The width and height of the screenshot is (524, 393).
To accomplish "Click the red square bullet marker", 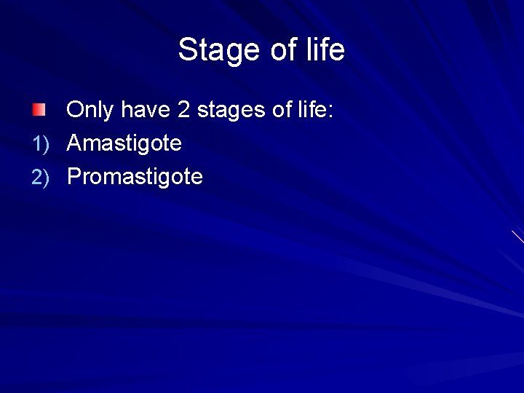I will (38, 111).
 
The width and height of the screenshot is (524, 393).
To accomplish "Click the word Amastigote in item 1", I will (124, 144).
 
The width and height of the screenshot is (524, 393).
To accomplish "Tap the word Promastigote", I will (135, 177).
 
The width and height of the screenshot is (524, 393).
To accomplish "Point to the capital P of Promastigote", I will (74, 176).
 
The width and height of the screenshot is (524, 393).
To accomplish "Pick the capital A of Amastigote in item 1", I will (75, 143).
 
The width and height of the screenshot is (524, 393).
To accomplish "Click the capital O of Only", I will (76, 111).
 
